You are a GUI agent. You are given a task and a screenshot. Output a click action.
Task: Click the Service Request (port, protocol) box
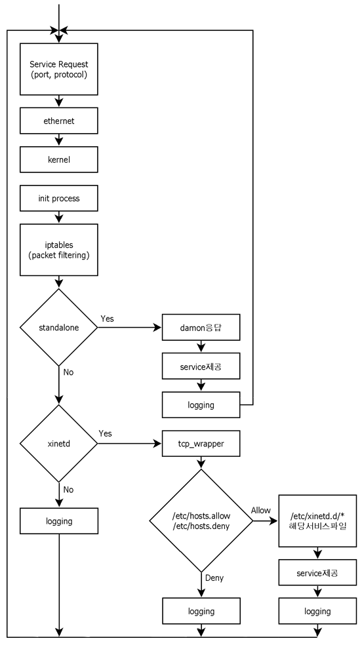coord(59,69)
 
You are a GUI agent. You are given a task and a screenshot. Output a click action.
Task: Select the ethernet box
coord(59,121)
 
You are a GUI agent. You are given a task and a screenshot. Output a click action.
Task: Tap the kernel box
coord(59,159)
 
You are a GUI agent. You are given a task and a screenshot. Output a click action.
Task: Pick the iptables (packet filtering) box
coord(59,249)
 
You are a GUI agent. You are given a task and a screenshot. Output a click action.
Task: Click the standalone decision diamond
coord(59,326)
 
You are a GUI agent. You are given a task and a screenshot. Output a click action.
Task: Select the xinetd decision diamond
coord(59,444)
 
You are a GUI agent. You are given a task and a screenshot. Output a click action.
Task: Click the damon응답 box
coord(201,326)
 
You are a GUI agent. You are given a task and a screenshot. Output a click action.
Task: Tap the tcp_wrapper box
coord(201,444)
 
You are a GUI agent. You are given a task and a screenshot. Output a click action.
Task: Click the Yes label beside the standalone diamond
coord(108,318)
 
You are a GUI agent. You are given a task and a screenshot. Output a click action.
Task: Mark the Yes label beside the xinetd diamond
coord(106,435)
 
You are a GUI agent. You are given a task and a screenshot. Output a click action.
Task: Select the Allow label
coord(260,510)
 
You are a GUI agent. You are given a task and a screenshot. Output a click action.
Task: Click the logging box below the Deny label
coord(201,611)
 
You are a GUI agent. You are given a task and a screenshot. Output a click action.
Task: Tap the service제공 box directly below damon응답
coord(201,368)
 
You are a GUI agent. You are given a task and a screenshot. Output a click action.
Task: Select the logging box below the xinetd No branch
coord(59,522)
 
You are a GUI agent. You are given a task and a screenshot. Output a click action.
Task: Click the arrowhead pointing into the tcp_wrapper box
coord(158,444)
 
